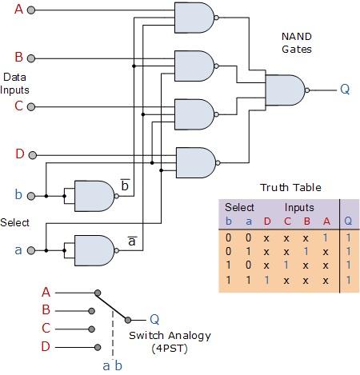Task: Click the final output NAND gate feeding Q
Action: coord(284,90)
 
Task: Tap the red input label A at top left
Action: coord(18,10)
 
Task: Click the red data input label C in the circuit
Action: coord(18,106)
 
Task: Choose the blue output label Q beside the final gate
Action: coord(345,89)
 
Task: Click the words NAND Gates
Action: coord(296,43)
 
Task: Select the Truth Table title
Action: coord(290,188)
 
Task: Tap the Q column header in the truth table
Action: coord(347,221)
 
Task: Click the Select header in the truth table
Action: coord(238,207)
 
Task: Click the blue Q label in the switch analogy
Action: coord(154,319)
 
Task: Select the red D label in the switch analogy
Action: coord(46,346)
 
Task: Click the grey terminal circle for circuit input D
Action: coord(31,154)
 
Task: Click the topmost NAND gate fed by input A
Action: coord(194,18)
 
